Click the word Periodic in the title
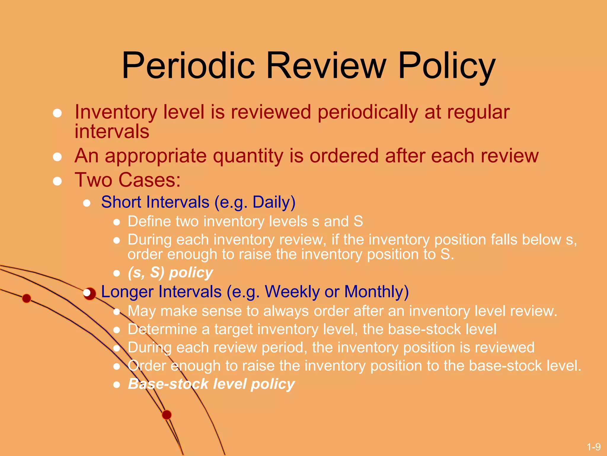tap(188, 66)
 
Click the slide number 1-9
tap(593, 447)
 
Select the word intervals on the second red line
tap(112, 132)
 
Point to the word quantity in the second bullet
tap(248, 156)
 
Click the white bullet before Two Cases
tap(57, 181)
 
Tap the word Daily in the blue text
tap(274, 202)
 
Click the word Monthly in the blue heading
tap(376, 292)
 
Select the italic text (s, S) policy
tap(170, 273)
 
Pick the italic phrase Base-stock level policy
tap(211, 384)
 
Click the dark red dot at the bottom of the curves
tap(167, 415)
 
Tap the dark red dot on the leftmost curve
tap(27, 298)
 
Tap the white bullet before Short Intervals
tap(87, 203)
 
